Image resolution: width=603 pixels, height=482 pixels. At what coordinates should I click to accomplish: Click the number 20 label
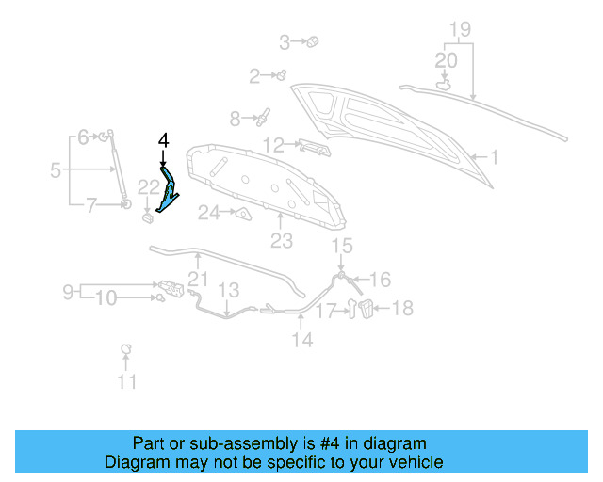click(x=446, y=59)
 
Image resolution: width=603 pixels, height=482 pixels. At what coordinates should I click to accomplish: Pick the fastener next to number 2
click(x=281, y=75)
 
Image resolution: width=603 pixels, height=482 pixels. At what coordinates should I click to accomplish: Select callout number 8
click(x=236, y=119)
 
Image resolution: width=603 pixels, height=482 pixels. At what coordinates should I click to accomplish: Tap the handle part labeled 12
click(x=314, y=146)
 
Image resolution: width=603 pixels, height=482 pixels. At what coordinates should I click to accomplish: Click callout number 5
click(x=56, y=170)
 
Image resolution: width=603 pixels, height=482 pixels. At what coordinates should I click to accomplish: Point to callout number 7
click(x=91, y=203)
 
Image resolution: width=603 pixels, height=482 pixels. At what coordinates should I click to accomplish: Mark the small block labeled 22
click(x=148, y=219)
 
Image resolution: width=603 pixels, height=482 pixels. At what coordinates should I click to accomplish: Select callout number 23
click(x=282, y=242)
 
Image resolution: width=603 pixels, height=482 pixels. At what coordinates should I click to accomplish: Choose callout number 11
click(x=126, y=381)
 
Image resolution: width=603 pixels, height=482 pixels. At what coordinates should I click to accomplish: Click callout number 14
click(x=301, y=340)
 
